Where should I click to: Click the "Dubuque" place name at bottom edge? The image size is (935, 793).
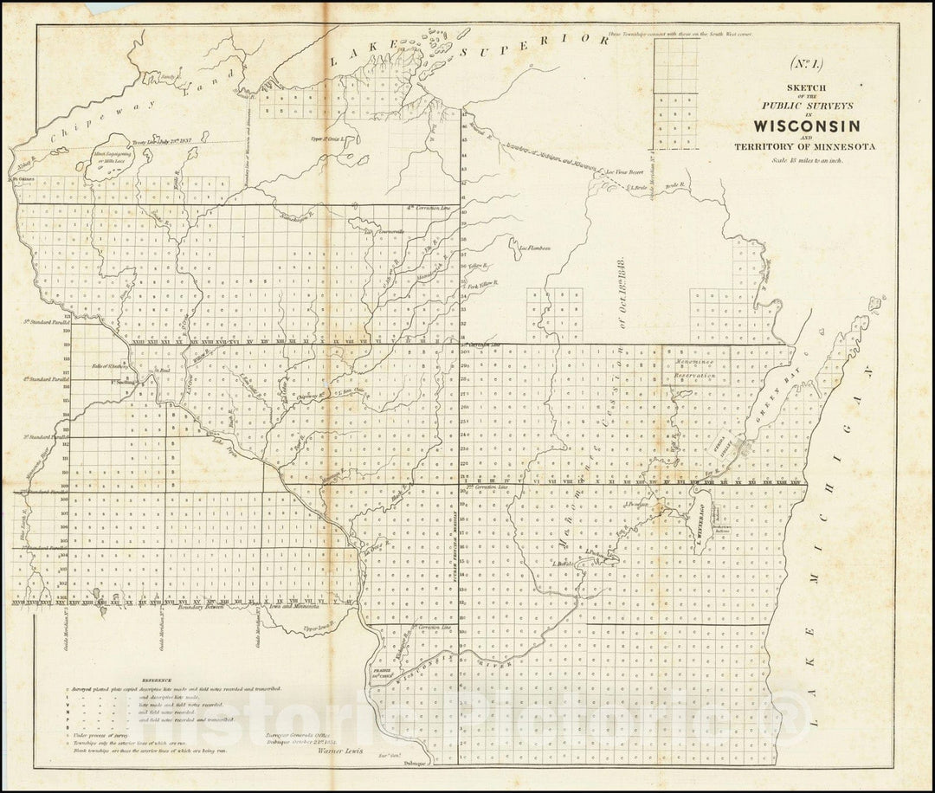tap(416, 764)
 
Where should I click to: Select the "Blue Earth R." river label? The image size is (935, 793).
tap(21, 525)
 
